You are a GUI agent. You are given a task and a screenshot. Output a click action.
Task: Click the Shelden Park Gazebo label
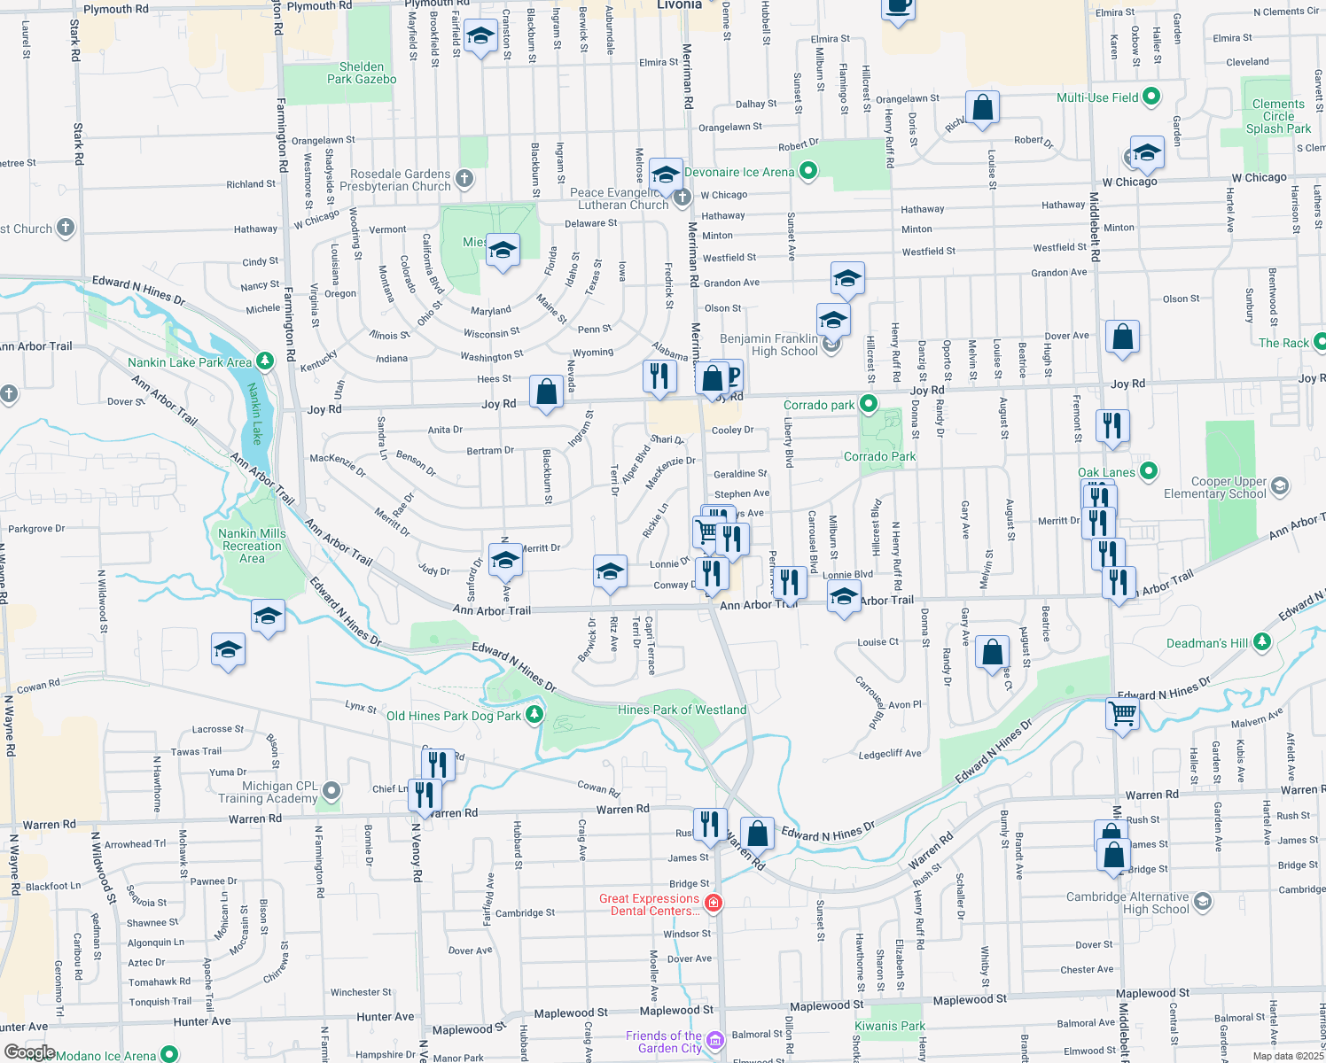point(362,73)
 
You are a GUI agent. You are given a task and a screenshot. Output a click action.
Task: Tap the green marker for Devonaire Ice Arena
point(807,171)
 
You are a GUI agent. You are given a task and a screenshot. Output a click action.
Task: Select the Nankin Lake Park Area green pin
point(265,361)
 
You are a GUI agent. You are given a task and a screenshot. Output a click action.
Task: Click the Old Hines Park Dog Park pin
point(534,714)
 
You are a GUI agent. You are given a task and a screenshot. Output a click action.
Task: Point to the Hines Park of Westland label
point(682,710)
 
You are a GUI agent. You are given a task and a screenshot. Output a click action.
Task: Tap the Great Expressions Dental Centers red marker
point(714,904)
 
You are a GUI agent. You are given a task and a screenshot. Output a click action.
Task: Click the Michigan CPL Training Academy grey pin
point(331,789)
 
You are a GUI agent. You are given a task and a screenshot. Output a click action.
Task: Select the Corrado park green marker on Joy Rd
point(869,404)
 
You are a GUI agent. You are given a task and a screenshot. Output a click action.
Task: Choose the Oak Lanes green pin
point(1149,470)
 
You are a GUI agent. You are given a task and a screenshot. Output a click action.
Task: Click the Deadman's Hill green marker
point(1262,641)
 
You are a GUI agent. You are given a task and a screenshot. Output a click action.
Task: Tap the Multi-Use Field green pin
point(1150,97)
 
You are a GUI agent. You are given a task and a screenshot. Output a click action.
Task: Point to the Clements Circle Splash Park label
point(1278,116)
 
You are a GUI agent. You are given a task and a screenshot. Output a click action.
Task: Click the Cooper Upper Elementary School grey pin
point(1279,485)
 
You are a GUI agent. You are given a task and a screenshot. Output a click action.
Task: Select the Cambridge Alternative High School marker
point(1203,902)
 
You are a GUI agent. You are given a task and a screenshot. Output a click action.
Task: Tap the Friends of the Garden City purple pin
point(715,1040)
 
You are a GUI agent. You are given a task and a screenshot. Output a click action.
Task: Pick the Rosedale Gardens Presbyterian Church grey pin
point(464,179)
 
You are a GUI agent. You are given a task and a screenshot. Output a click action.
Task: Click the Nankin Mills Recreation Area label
point(252,546)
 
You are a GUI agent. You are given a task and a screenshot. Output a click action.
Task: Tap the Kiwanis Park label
point(889,1026)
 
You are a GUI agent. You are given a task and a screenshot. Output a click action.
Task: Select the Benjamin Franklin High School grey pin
point(831,344)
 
